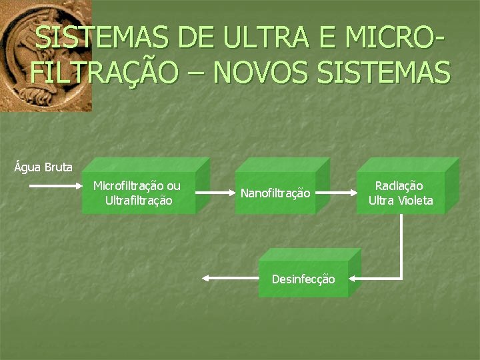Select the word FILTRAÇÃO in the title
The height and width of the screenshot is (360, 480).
point(104,72)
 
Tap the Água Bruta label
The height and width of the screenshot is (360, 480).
point(43,167)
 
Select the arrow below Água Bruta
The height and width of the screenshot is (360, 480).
point(55,186)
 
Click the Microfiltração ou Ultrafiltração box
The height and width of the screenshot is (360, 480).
point(139,193)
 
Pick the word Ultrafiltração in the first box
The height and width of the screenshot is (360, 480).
point(139,200)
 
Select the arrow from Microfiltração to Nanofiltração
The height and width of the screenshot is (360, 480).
point(213,193)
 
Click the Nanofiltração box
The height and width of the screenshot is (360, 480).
point(275,193)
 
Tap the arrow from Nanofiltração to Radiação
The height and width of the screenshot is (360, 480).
point(337,193)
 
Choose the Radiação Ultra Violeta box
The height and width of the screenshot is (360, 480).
point(401,193)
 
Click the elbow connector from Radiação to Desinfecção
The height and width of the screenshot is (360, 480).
point(401,253)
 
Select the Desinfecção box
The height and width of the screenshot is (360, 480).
point(303,279)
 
